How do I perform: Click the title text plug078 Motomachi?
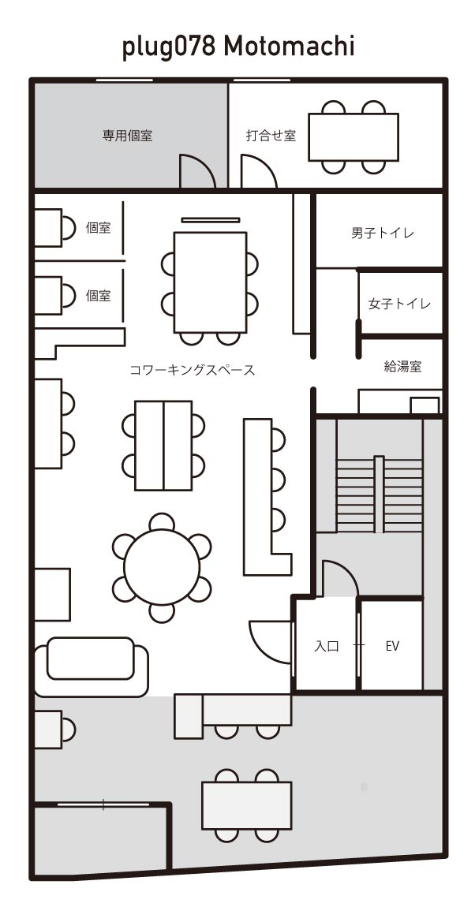click(237, 47)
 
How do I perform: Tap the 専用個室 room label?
click(127, 136)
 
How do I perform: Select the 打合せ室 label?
click(271, 136)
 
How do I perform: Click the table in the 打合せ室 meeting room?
click(353, 137)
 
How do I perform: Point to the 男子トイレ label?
click(383, 233)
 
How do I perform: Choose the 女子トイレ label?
click(400, 304)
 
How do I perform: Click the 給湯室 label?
click(402, 366)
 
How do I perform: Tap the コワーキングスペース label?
click(193, 369)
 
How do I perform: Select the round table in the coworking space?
click(162, 567)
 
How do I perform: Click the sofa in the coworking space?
click(91, 666)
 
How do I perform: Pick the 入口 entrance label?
click(327, 646)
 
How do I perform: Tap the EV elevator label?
click(392, 646)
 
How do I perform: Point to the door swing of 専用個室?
click(197, 174)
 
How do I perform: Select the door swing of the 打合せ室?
click(257, 174)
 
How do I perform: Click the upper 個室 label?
click(99, 228)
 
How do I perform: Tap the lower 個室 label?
click(99, 296)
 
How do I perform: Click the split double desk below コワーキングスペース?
click(163, 445)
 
